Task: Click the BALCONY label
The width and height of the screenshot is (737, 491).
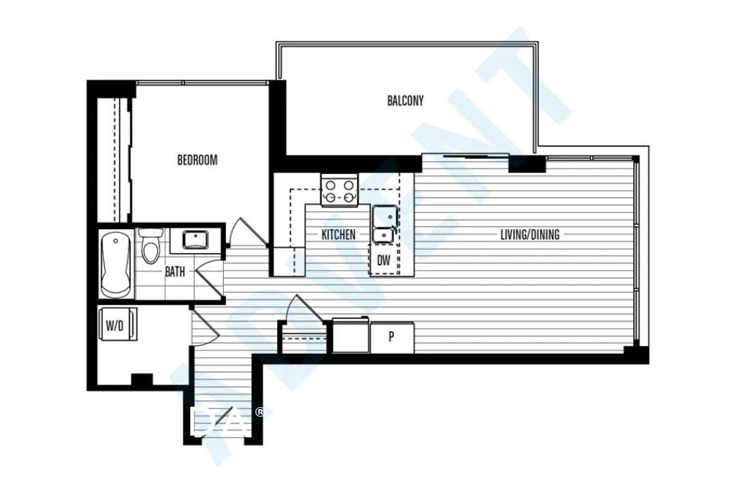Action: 405,101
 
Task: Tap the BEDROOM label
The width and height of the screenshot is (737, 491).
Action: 197,160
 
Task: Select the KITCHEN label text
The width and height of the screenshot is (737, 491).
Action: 338,235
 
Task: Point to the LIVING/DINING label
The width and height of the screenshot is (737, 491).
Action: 530,235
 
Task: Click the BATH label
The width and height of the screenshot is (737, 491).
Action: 175,271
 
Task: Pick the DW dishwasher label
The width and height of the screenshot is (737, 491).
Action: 384,261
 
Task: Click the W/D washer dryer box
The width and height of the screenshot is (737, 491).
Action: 115,325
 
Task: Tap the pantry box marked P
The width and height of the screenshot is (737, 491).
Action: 392,338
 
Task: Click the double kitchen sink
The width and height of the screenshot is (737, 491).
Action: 383,224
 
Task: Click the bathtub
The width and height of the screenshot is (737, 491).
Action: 116,265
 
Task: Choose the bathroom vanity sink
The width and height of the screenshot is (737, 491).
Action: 197,239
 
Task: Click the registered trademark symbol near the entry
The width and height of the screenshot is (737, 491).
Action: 259,412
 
